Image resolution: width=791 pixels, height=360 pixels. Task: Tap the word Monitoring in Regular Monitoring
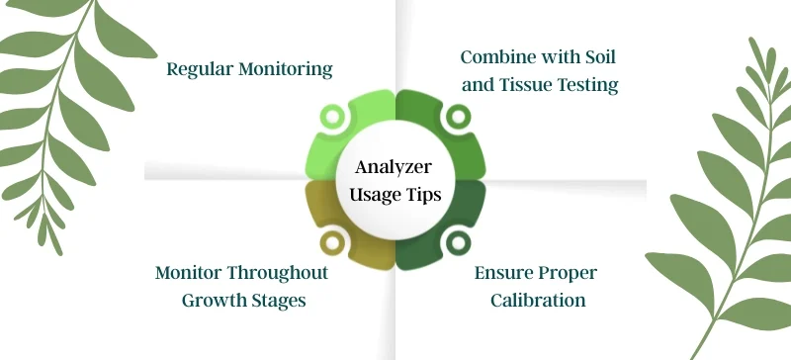[286, 69]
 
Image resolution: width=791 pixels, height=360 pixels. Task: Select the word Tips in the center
[425, 195]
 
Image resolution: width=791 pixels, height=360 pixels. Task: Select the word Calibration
[538, 300]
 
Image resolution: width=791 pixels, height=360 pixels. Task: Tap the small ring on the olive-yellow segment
[336, 241]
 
